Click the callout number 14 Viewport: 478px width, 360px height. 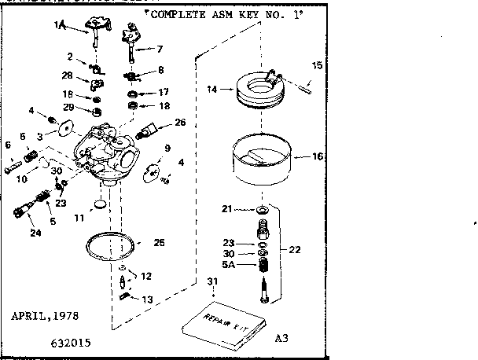pos(211,90)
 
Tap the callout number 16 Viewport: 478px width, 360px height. pos(318,156)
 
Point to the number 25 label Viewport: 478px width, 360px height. pos(159,243)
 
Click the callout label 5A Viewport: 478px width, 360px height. pos(228,266)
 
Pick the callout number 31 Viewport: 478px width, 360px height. pos(211,282)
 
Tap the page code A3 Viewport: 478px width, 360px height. pos(282,340)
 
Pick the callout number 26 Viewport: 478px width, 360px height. pos(180,123)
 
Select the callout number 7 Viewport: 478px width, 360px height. pos(160,49)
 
